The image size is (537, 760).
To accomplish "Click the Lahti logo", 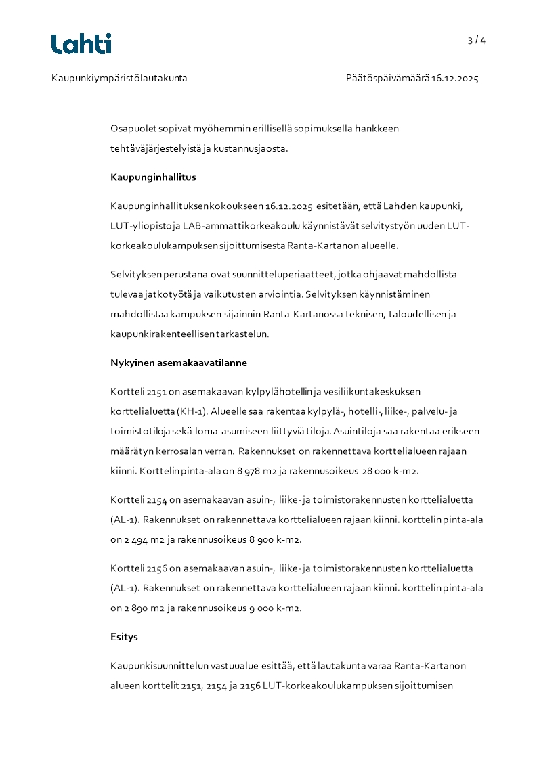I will (81, 43).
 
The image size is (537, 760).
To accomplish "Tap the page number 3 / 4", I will (476, 41).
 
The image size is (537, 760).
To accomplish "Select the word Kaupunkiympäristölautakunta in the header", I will (119, 79).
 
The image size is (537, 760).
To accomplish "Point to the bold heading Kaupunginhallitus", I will (153, 177).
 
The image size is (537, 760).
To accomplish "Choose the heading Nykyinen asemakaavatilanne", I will (179, 363).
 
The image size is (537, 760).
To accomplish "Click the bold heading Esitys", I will (124, 637).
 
